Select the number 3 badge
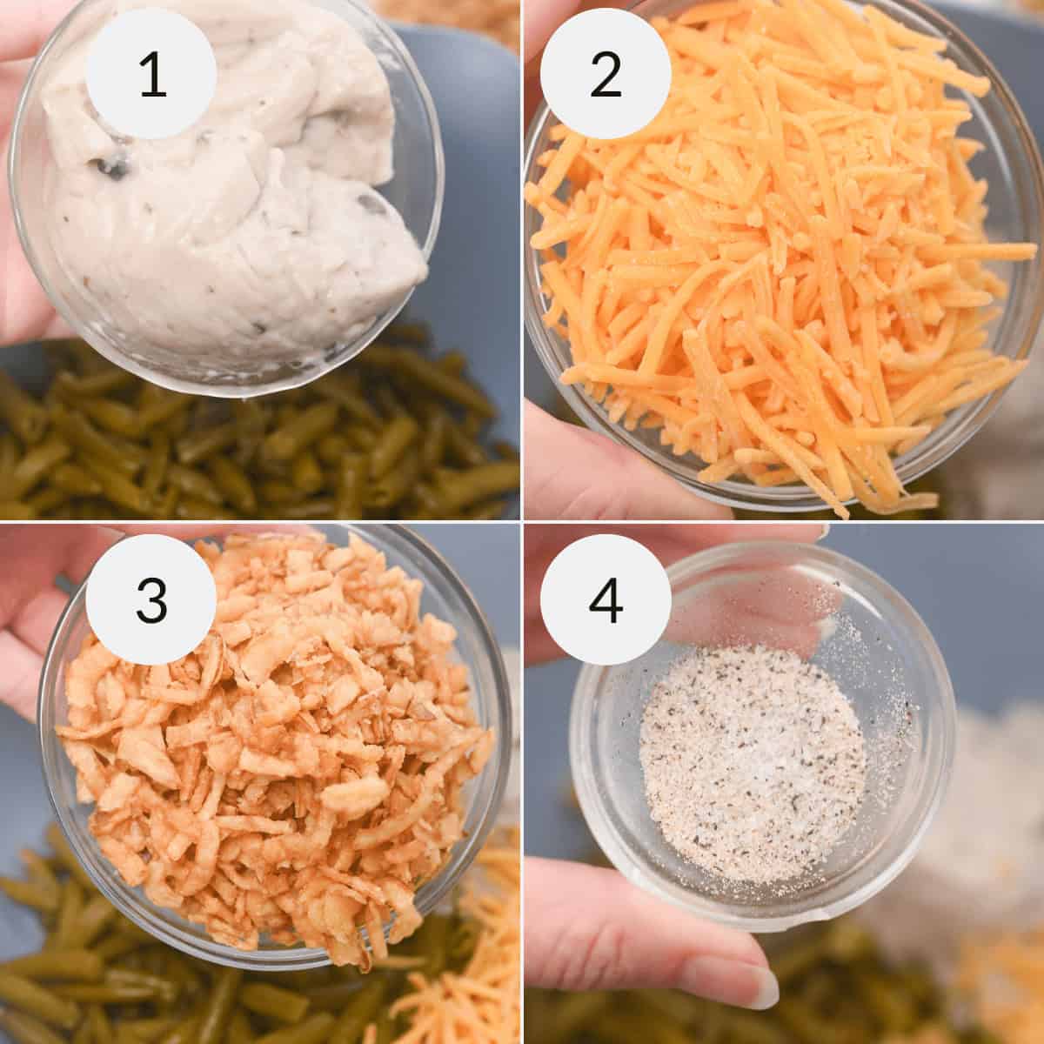click(152, 599)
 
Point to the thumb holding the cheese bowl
click(565, 452)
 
